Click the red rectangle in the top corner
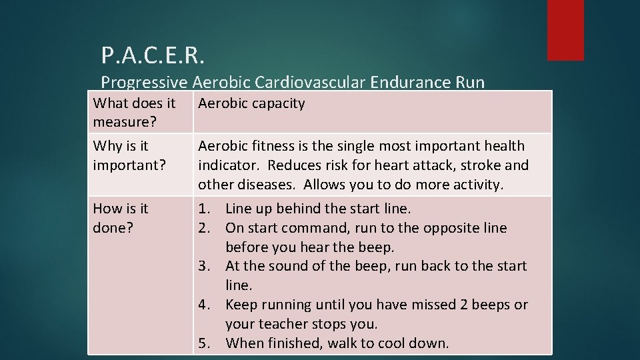565,29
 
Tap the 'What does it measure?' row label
134,111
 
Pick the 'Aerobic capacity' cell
251,103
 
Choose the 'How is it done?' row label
121,217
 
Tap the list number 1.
203,209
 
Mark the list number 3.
203,266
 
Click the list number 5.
203,343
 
